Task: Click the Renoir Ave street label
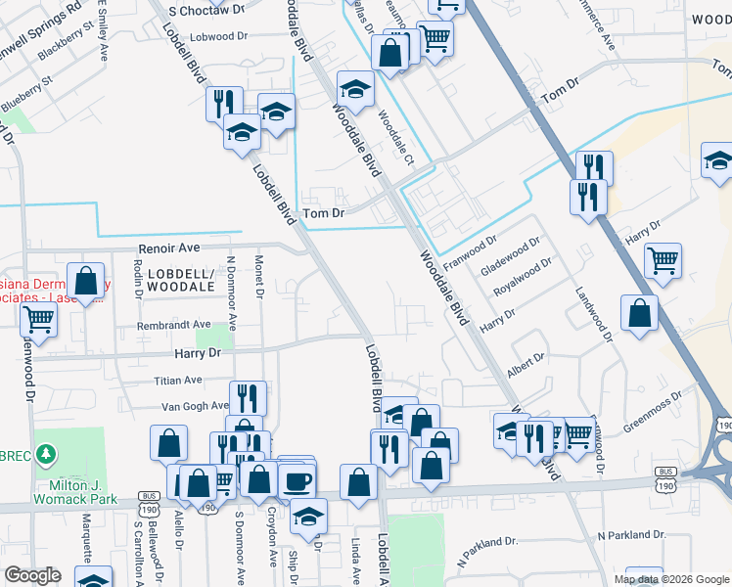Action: [168, 248]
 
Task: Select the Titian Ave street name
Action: [177, 380]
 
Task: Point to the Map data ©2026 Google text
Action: [670, 579]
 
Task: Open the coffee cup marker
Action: [297, 480]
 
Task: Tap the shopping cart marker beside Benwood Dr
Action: [39, 318]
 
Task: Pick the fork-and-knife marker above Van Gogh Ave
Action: [248, 397]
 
